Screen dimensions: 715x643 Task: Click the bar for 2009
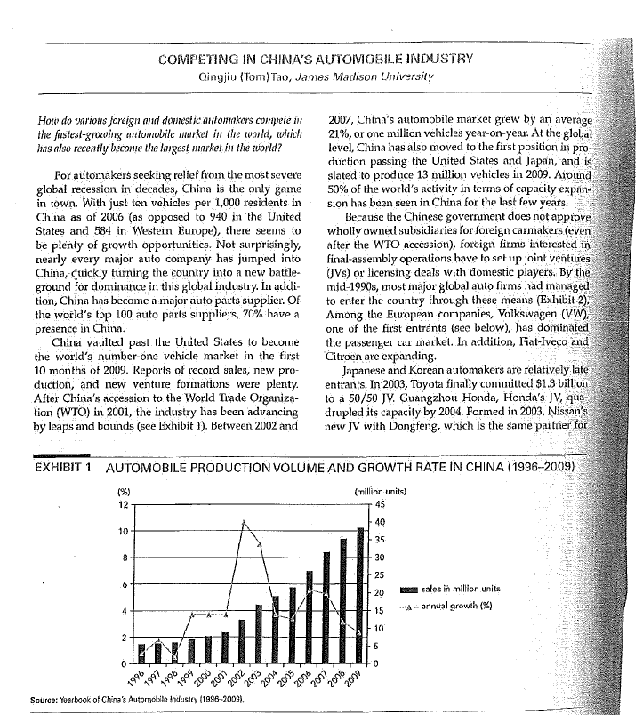tap(360, 596)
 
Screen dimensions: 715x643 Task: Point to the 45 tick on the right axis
tap(379, 503)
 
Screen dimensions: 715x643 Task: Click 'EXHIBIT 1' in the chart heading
tap(62, 469)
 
